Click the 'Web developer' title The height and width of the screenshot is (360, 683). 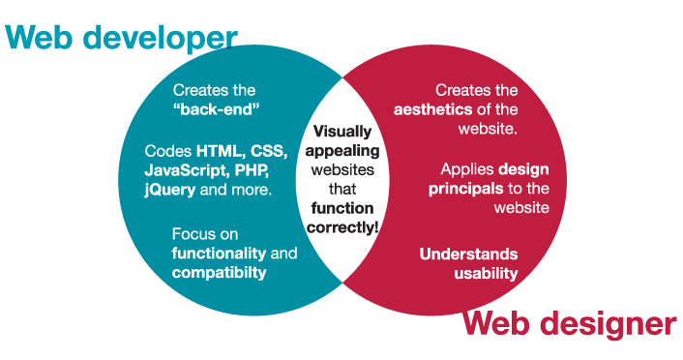(122, 38)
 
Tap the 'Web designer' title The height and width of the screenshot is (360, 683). (570, 323)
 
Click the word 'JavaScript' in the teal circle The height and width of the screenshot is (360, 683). (182, 170)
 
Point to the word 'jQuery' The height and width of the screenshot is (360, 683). (169, 190)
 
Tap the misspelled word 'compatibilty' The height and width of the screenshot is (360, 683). (219, 273)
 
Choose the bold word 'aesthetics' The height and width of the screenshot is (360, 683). (435, 108)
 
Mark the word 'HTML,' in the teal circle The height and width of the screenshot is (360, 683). (222, 152)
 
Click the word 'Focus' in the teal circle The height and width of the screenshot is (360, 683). (192, 234)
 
